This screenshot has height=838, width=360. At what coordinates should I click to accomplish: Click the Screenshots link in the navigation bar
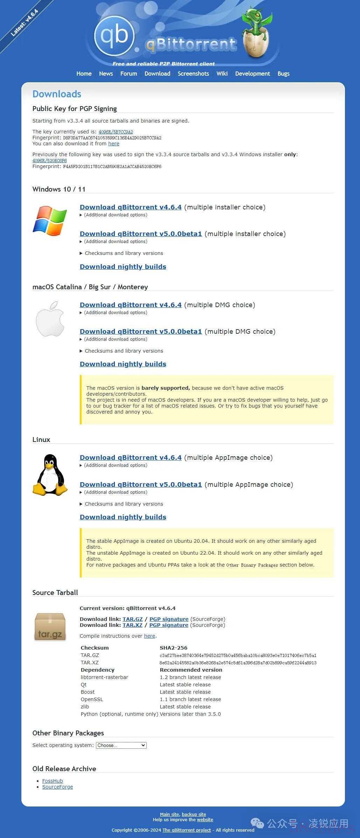[x=193, y=74]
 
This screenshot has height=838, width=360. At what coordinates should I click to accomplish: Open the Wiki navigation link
[x=222, y=74]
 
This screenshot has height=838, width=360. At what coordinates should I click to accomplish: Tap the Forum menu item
[x=129, y=74]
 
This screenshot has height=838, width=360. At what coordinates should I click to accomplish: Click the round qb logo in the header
[x=114, y=35]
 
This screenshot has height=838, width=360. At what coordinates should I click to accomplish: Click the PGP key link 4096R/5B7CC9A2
[x=116, y=132]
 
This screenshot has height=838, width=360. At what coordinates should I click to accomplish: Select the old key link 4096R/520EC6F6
[x=49, y=161]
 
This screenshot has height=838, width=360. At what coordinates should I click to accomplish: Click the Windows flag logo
[x=50, y=221]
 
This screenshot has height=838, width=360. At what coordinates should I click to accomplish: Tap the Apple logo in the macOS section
[x=50, y=319]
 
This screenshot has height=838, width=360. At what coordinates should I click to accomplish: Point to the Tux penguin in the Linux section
[x=50, y=475]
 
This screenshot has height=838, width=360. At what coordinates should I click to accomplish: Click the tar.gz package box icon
[x=50, y=627]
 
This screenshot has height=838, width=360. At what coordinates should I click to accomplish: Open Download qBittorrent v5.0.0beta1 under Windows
[x=141, y=234]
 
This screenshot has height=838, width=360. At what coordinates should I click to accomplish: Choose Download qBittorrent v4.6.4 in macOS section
[x=131, y=305]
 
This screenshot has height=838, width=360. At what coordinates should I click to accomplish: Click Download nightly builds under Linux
[x=123, y=517]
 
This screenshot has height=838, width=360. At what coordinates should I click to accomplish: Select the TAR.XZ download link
[x=132, y=625]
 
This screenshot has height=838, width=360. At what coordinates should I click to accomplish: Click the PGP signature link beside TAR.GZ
[x=169, y=619]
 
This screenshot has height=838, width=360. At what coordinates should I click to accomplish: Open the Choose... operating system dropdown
[x=121, y=745]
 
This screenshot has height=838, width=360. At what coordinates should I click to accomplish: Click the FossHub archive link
[x=53, y=781]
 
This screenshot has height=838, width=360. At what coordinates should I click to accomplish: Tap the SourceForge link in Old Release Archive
[x=57, y=787]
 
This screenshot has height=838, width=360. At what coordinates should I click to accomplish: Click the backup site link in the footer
[x=194, y=815]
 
